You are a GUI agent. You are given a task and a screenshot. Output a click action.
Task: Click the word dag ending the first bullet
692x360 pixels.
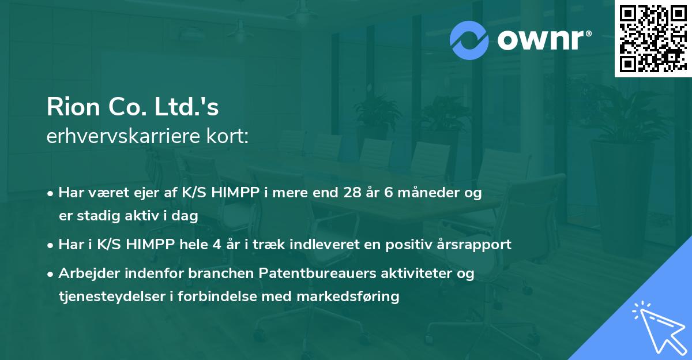click(187, 216)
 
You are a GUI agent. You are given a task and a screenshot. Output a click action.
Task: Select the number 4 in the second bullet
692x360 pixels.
click(216, 245)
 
